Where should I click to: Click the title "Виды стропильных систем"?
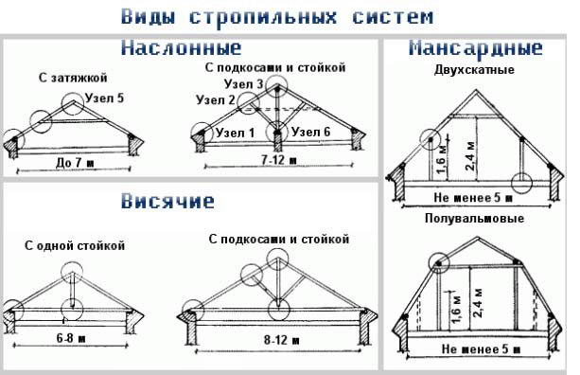[278, 17]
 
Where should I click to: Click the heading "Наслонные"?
[181, 47]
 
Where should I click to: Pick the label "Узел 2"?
[216, 99]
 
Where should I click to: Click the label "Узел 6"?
[312, 132]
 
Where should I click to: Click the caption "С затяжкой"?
[74, 75]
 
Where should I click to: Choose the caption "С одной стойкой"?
[75, 245]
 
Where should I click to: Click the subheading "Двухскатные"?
[474, 69]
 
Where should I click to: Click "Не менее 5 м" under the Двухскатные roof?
[472, 198]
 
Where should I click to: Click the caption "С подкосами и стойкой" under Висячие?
[279, 238]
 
